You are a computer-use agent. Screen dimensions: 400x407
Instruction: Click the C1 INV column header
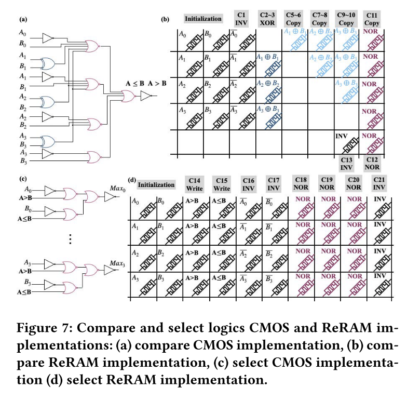click(242, 19)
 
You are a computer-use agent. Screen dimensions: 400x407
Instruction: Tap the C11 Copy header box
click(372, 19)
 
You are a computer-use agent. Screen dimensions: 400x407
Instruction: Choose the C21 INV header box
click(379, 184)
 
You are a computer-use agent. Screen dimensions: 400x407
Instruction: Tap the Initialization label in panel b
click(203, 19)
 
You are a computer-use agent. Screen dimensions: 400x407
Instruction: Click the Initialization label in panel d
click(157, 184)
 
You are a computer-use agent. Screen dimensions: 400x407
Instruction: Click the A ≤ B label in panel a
click(135, 84)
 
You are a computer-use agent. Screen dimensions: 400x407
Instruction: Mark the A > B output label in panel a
click(157, 84)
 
